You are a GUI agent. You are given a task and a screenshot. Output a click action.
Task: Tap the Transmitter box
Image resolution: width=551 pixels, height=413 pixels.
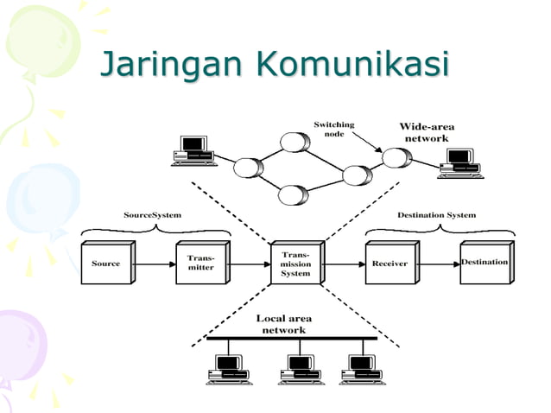point(200,263)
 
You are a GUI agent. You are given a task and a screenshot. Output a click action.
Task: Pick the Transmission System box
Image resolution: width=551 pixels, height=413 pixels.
point(295,264)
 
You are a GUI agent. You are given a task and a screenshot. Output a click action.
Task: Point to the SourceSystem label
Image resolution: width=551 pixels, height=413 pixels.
point(153,214)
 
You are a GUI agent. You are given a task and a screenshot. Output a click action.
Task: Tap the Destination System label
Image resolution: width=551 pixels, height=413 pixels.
point(436,214)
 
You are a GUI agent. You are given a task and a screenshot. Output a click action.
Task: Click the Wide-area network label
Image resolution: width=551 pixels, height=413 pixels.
point(427,132)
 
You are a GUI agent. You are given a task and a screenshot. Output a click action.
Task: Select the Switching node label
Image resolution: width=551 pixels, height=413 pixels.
point(333,129)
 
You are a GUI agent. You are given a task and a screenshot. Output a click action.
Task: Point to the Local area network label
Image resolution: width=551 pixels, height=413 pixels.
point(283,324)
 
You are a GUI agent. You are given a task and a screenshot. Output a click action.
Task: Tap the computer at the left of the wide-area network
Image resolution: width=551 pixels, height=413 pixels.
point(193,151)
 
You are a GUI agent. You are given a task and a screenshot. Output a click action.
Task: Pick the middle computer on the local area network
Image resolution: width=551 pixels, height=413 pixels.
point(300,369)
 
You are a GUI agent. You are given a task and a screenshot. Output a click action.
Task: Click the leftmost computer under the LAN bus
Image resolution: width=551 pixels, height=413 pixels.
point(228,369)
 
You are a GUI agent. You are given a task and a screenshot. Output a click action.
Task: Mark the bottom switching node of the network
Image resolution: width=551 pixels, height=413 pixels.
point(294,194)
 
